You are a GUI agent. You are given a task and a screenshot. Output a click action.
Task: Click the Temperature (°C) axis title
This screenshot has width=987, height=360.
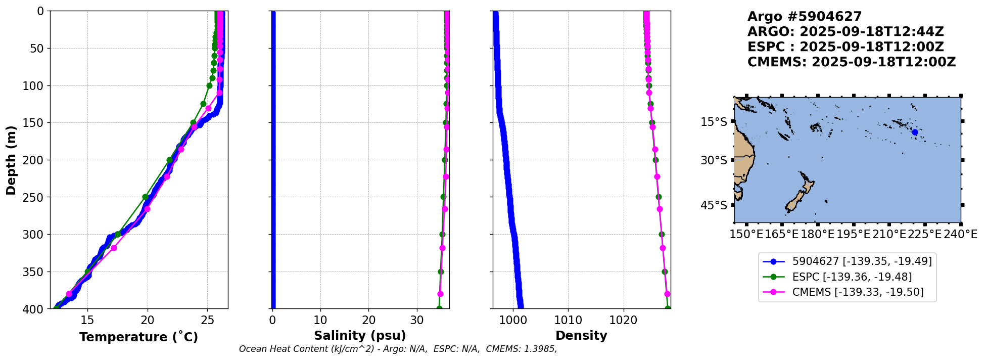tap(138, 337)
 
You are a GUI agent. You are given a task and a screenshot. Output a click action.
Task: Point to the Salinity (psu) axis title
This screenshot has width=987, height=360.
tap(360, 336)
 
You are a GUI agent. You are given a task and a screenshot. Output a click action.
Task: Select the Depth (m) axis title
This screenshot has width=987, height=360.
tap(11, 160)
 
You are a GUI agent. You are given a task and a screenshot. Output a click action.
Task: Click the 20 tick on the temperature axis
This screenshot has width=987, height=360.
tap(148, 320)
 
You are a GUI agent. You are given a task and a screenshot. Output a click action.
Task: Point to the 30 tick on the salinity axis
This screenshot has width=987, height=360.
tap(417, 320)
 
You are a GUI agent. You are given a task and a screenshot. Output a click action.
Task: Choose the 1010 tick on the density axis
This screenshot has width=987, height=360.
tap(568, 320)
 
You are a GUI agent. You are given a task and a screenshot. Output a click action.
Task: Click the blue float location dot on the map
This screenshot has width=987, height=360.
tap(915, 132)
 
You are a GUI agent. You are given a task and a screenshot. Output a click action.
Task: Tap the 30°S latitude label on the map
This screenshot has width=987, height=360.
tap(714, 160)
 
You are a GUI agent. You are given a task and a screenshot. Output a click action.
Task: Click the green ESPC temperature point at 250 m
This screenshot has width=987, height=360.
tap(145, 197)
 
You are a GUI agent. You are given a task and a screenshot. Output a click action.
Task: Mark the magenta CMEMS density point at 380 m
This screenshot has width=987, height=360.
tap(667, 294)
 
